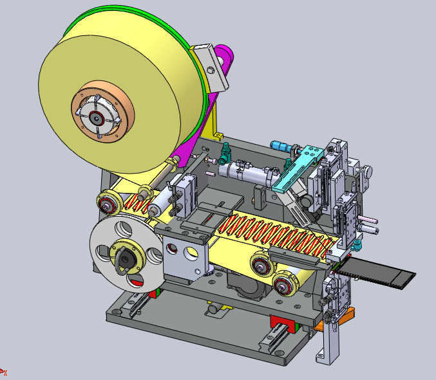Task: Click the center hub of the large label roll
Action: (x=97, y=118)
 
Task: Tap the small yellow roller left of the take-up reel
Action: (x=106, y=204)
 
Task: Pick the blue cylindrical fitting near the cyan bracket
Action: (x=281, y=146)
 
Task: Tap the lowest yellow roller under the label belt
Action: (x=283, y=285)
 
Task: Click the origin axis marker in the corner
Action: (x=3, y=372)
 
